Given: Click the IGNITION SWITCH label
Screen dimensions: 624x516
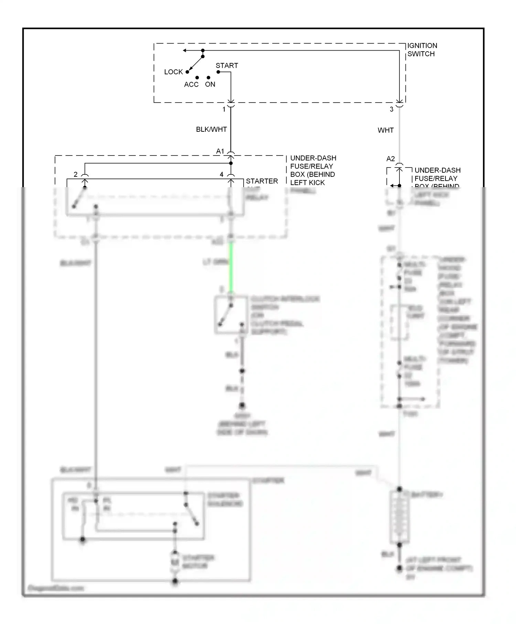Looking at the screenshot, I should pos(422,50).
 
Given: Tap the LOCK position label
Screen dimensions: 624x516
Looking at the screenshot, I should pos(173,72).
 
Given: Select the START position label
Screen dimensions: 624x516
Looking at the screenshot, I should pos(227,65).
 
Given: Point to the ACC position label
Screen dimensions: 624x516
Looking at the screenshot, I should pos(191,85).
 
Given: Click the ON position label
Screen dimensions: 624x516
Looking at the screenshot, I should pos(210,85).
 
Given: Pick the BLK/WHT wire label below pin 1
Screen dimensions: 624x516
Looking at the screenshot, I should pos(211,129).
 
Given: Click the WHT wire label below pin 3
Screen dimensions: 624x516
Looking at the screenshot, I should pos(385,130).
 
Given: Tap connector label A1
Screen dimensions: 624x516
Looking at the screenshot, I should pos(220,151).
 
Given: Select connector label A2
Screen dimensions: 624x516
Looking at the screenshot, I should pos(390,159).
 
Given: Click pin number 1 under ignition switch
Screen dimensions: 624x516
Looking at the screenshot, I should pos(224,109).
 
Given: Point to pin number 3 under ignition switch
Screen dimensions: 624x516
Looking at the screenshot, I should pos(391,109).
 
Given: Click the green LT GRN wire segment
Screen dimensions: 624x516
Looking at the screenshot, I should pos(231,268).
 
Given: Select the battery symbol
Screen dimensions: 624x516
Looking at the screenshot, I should pos(399,517).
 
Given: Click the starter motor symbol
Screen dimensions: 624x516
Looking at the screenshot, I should pos(175,563).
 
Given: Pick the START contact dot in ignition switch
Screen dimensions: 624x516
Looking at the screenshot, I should pos(218,72).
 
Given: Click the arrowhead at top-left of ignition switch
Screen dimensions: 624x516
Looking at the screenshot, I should pos(185,51).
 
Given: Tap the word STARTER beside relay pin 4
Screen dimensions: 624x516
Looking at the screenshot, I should pos(262,181).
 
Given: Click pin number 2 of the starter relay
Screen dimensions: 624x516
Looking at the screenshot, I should pos(76,175).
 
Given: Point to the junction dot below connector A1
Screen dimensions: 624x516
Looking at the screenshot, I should pos(231,163).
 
